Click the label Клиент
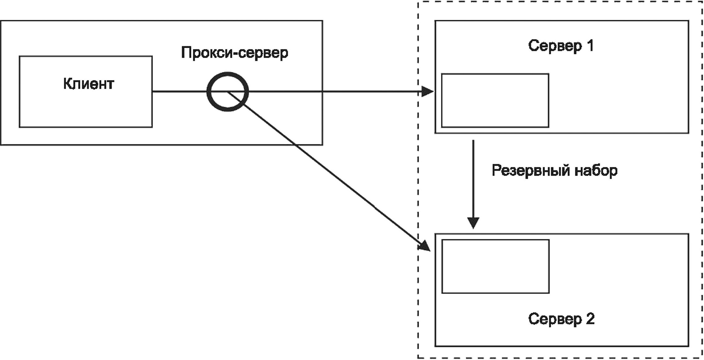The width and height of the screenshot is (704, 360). pos(88,84)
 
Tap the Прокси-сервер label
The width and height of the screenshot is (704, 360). pos(234,53)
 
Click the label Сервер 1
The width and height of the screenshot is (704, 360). pos(561,46)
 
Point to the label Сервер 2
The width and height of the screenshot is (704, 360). pos(561,319)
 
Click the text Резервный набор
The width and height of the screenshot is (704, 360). pos(555,171)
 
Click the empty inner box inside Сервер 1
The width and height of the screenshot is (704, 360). pos(495,101)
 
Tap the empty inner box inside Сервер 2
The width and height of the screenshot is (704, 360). pos(495,266)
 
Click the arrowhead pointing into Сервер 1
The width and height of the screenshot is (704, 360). pos(427,92)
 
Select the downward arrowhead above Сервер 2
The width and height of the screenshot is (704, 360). pos(473,222)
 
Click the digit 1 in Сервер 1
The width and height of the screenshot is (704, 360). pos(589,46)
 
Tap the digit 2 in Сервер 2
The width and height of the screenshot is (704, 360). pos(590,319)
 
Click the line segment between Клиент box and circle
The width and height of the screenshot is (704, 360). pos(179,92)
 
